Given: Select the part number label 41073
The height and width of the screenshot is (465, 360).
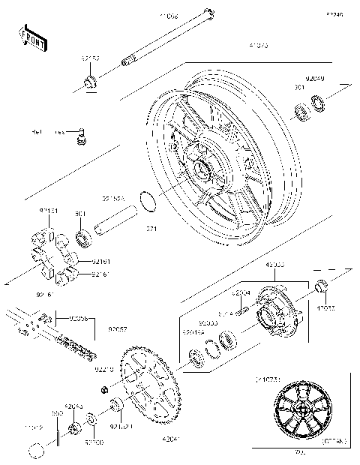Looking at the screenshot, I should point(259,46).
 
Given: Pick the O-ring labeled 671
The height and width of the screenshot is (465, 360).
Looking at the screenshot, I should point(148,201).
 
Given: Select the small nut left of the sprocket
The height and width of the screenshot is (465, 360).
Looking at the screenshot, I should point(106,389).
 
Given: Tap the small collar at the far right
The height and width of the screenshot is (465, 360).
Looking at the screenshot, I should point(319,286).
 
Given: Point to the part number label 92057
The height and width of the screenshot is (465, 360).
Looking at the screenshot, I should point(117,328).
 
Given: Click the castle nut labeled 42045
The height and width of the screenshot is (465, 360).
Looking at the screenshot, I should point(75,430).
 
